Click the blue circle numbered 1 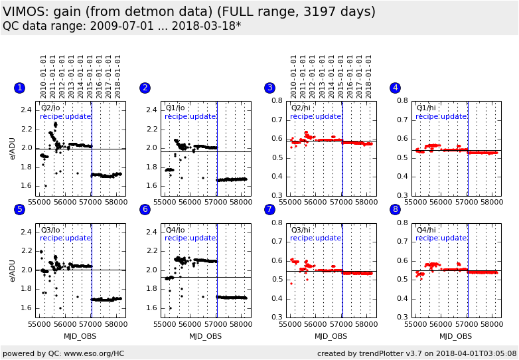pos(19,88)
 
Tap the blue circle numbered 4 pos(395,88)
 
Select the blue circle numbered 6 pos(145,209)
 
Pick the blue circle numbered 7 pos(269,209)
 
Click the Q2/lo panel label pos(51,108)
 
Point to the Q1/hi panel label pos(426,108)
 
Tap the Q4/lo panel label pos(176,230)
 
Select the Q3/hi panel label pos(301,230)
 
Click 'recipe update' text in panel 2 pos(190,116)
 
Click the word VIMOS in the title pos(25,12)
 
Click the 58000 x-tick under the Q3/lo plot pos(115,325)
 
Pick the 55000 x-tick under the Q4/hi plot pos(415,325)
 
